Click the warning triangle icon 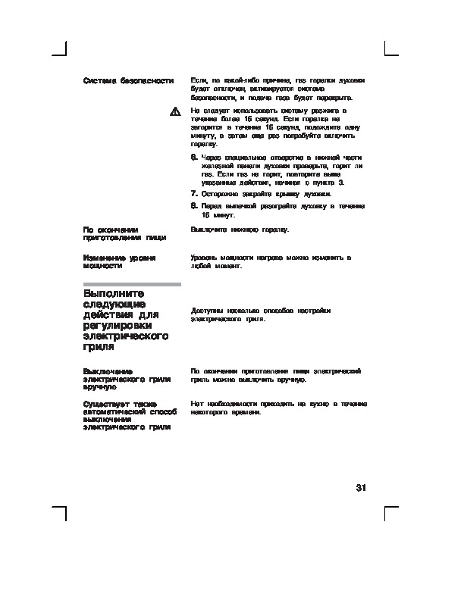pos(174,112)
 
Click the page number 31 pos(361,488)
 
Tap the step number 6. pos(194,158)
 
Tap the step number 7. pos(194,194)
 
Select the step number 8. pos(194,206)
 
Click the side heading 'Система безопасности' pos(128,80)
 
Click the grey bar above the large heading pos(132,284)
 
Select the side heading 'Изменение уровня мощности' pos(120,262)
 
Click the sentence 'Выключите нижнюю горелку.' pos(240,229)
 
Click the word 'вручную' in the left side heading pos(99,386)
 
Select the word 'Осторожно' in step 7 pos(220,194)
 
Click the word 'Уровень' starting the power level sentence pos(205,258)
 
